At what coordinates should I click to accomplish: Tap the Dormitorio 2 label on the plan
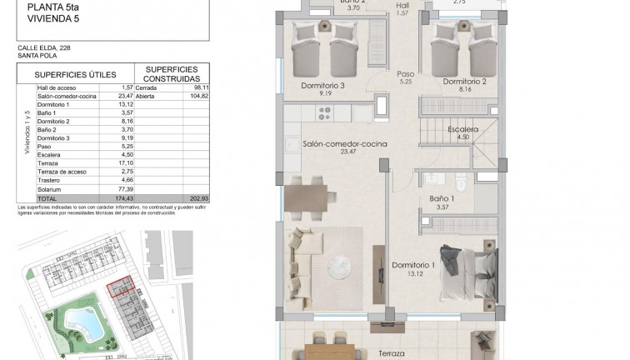pos(464,82)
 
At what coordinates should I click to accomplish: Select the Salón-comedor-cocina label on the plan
pos(339,142)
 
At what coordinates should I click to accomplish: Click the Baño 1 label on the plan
pos(442,199)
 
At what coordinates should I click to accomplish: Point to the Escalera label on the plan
pos(462,130)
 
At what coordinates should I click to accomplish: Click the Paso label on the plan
pos(406,72)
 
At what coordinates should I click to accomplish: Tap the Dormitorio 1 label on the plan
pos(415,266)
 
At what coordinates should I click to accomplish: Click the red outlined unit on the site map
pos(122,288)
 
